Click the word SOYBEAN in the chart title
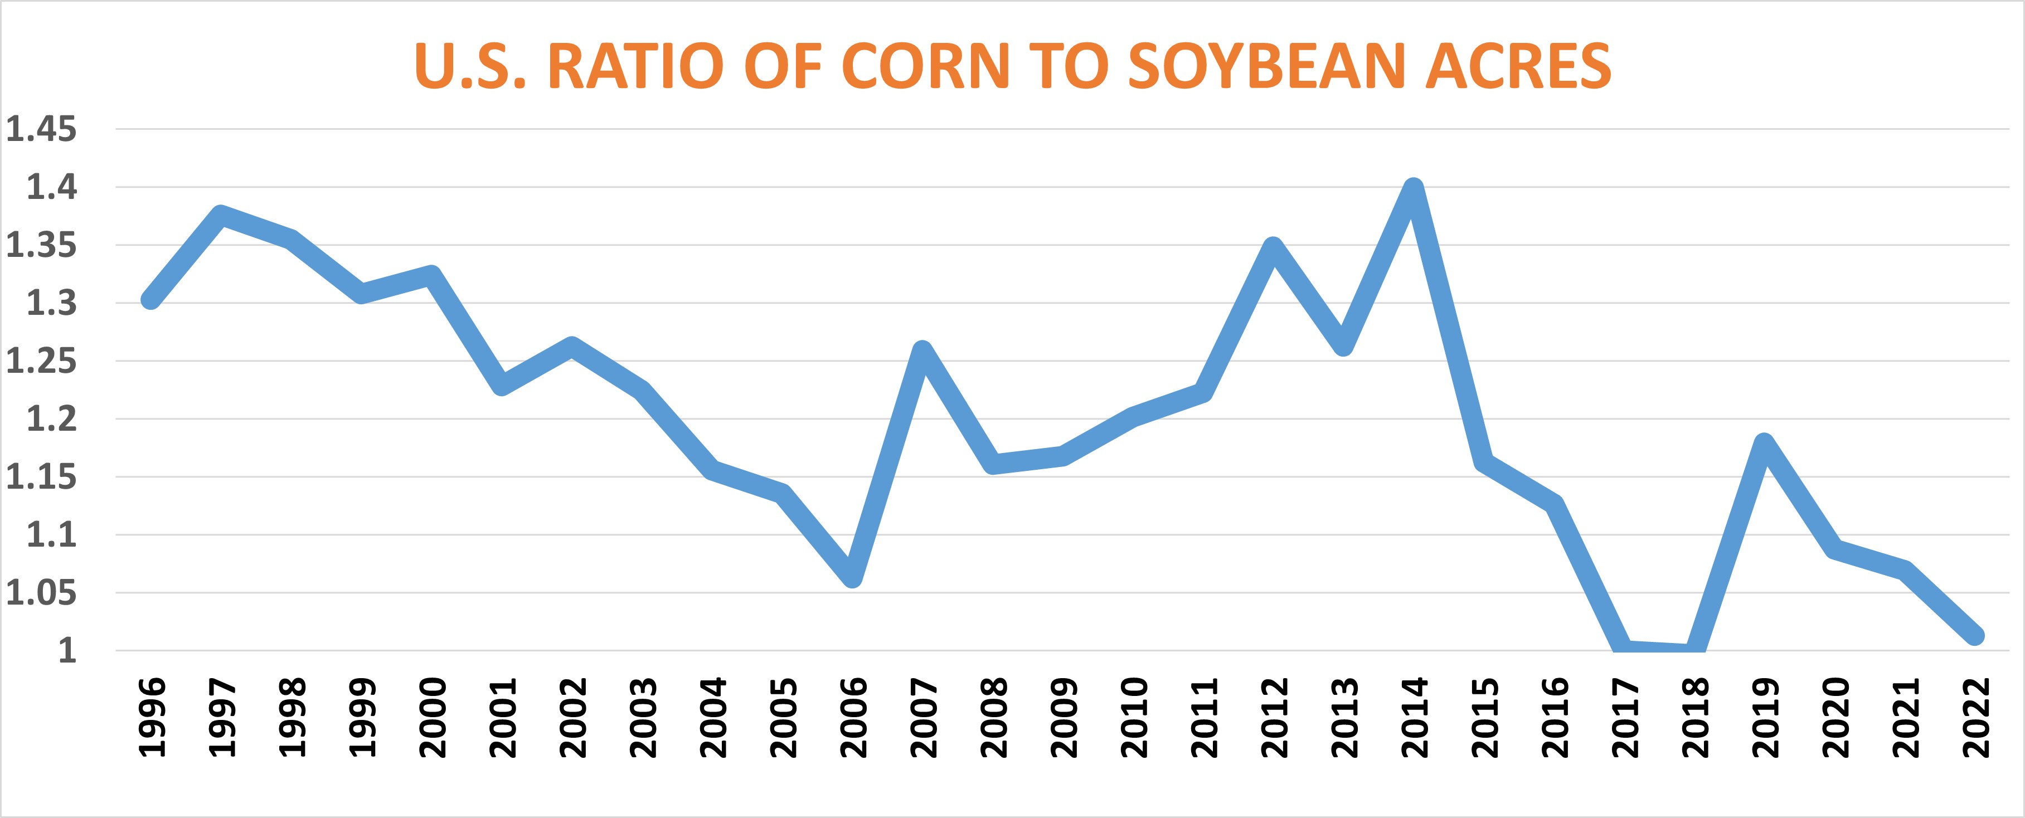point(1266,66)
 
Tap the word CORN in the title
point(925,66)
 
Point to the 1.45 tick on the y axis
point(42,129)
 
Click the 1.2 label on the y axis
point(52,419)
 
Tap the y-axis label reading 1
point(67,651)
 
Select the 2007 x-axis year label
point(925,717)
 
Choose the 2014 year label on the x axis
point(1416,717)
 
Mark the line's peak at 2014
point(1414,188)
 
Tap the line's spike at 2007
point(922,350)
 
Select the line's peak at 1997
point(221,215)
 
